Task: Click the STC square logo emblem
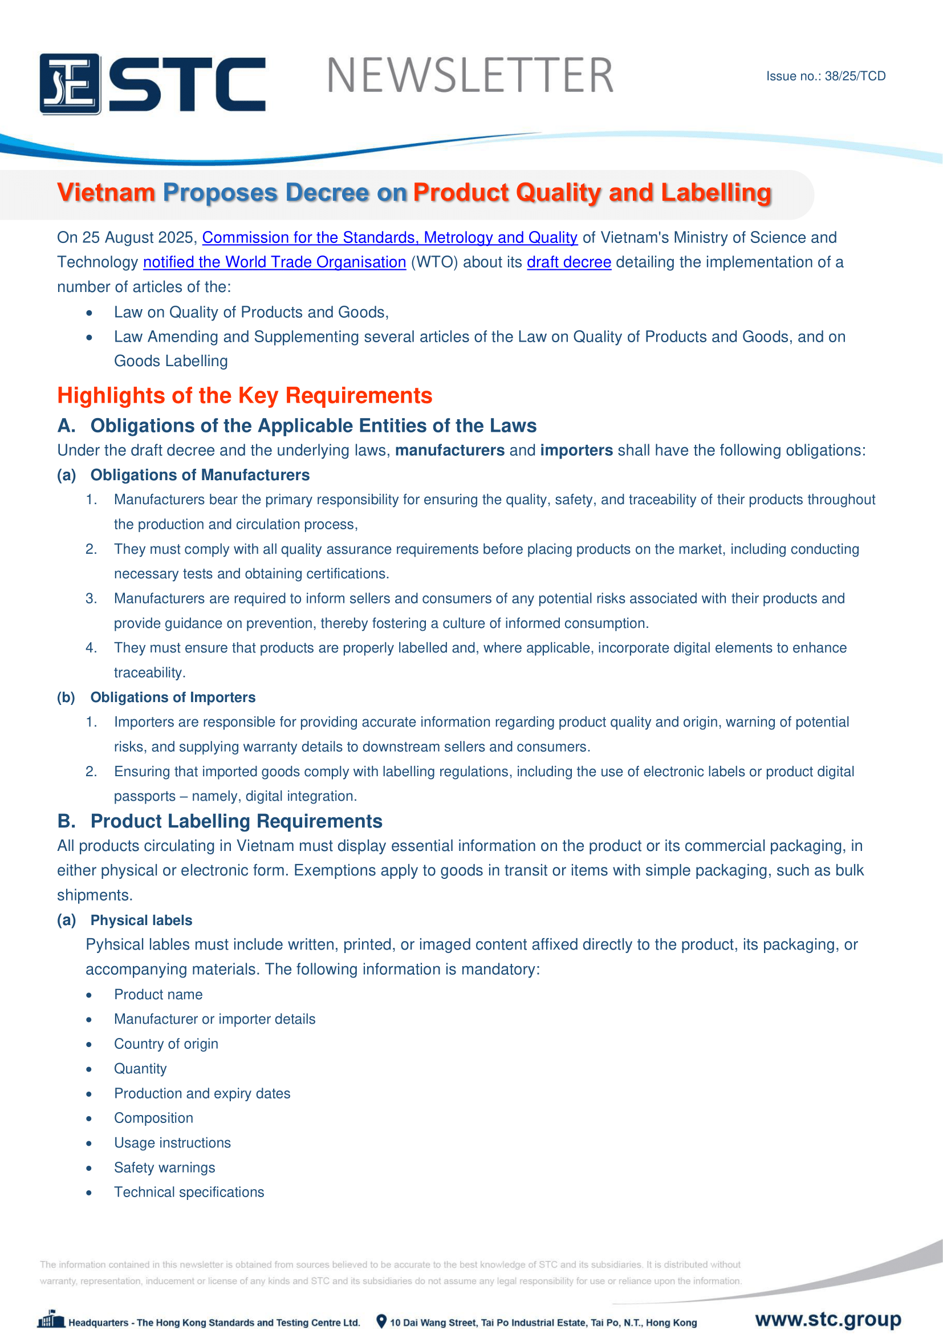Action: (70, 84)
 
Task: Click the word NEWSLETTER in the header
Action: (470, 75)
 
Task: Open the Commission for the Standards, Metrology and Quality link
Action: (389, 238)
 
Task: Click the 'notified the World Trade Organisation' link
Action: (274, 262)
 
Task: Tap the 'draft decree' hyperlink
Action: (568, 262)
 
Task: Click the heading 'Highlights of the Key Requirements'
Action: (245, 395)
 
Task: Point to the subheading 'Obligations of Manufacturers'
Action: (200, 475)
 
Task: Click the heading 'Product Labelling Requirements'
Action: (237, 821)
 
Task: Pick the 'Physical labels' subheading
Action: (141, 921)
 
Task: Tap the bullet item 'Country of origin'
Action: (166, 1044)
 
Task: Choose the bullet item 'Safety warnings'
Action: (164, 1168)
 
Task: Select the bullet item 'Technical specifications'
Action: (189, 1192)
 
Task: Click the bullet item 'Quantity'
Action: (140, 1069)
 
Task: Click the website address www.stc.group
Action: (828, 1319)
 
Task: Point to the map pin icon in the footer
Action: (381, 1321)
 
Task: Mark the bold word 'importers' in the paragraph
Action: (576, 451)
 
